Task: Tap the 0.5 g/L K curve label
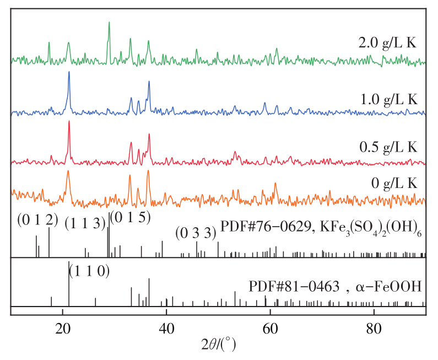pyautogui.click(x=387, y=147)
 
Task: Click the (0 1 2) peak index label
pyautogui.click(x=37, y=219)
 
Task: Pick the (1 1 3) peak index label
pyautogui.click(x=85, y=223)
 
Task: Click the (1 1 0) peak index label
pyautogui.click(x=89, y=271)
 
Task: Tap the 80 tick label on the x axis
pyautogui.click(x=374, y=326)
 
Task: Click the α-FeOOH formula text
pyautogui.click(x=393, y=287)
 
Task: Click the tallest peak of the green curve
pyautogui.click(x=109, y=23)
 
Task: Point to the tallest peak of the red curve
pyautogui.click(x=69, y=122)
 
